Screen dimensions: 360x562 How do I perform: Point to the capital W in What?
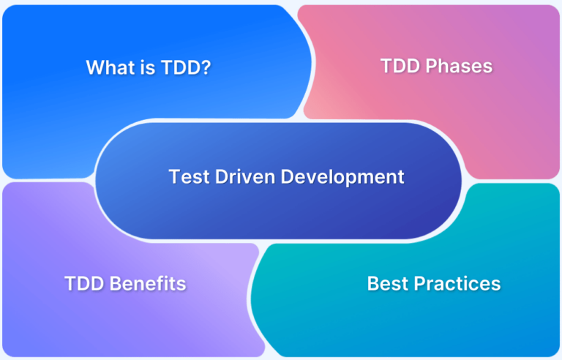click(x=94, y=67)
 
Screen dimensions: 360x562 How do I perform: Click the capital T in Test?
click(x=173, y=176)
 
